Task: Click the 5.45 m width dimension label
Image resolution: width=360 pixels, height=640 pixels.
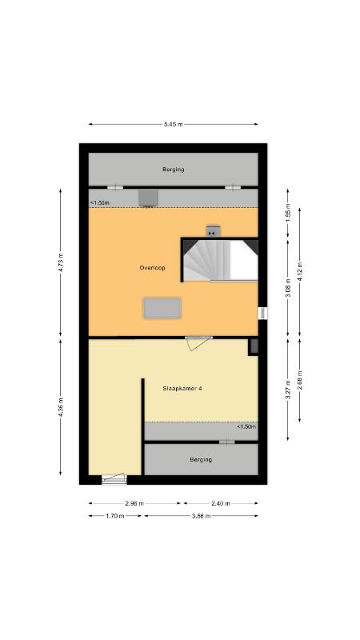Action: click(173, 125)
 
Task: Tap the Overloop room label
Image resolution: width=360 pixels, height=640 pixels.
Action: click(152, 268)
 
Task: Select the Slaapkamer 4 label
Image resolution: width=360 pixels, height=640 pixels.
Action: click(182, 389)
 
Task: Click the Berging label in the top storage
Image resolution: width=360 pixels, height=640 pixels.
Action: click(173, 169)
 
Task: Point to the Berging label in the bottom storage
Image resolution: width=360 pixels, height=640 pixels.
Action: click(201, 459)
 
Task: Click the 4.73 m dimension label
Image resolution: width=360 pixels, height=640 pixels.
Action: click(61, 263)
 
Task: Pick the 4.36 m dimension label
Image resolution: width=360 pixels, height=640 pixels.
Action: click(61, 407)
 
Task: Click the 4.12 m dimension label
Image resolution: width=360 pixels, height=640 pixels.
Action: click(300, 271)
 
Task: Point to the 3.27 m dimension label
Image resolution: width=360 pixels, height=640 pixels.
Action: click(288, 390)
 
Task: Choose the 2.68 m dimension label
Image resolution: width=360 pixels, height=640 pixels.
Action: click(300, 380)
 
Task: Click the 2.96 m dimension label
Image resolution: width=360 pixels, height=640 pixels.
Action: click(134, 504)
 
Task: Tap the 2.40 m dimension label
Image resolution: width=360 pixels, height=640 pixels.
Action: click(221, 504)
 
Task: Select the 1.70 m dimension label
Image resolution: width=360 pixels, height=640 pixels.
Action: click(115, 516)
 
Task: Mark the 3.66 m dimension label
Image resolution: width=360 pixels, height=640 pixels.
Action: click(202, 516)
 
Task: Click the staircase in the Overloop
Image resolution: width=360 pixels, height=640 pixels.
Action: click(220, 260)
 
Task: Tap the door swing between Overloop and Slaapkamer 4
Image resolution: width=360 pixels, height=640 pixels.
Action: click(198, 344)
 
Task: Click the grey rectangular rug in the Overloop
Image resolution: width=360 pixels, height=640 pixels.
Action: click(162, 308)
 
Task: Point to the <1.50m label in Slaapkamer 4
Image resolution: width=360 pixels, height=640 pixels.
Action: click(246, 427)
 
